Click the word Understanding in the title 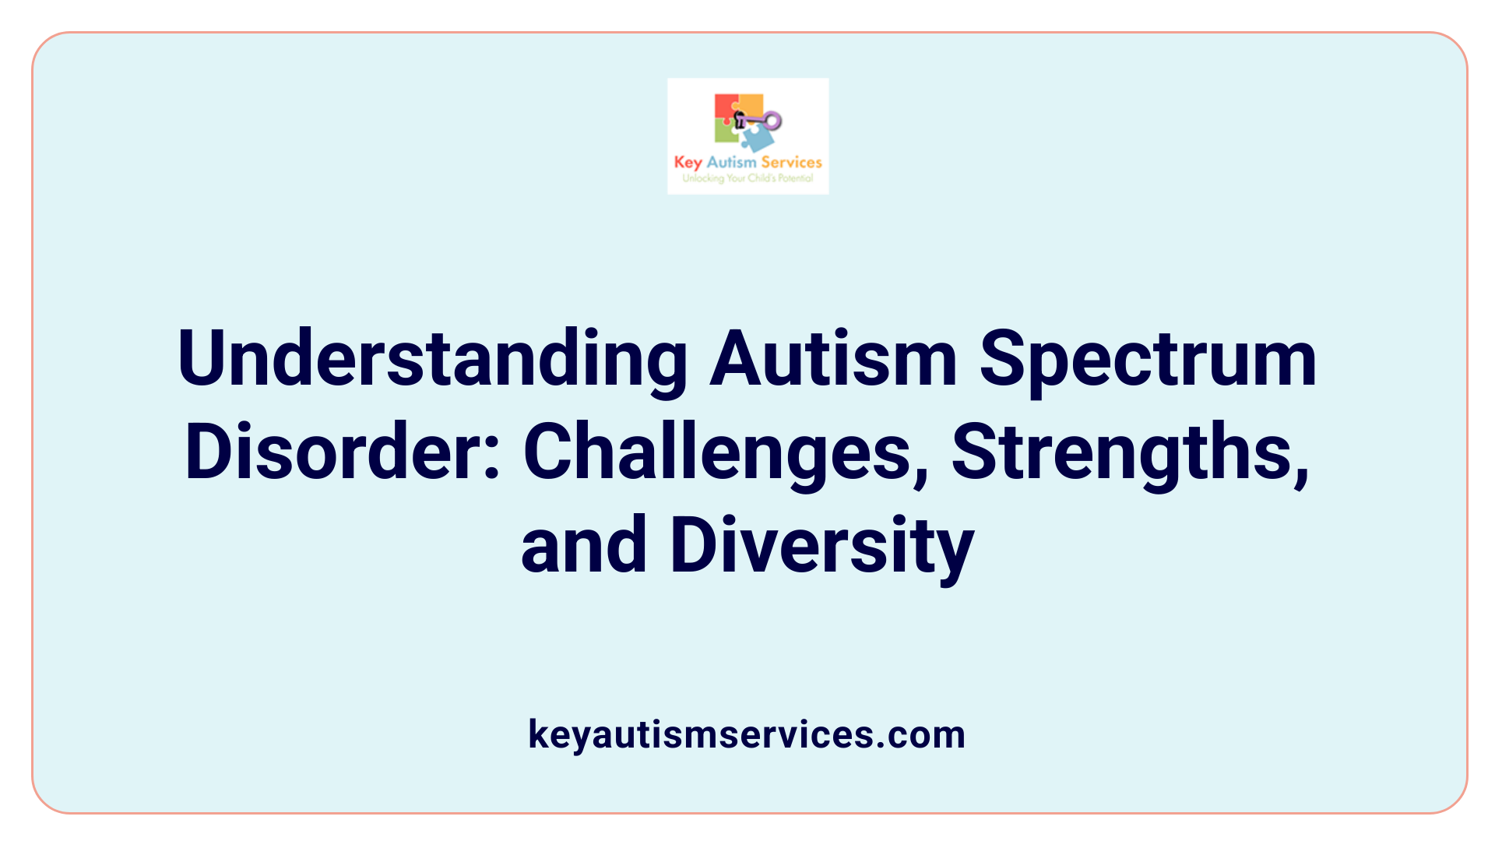pos(432,360)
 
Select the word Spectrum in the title pos(1148,360)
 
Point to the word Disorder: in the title pos(342,452)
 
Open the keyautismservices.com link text pos(747,734)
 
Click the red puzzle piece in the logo pos(726,107)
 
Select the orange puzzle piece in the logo pos(751,104)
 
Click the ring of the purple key pos(772,121)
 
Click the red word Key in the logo pos(688,163)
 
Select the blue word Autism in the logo pos(731,162)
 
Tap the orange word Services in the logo pos(791,162)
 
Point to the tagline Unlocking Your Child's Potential pos(747,178)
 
